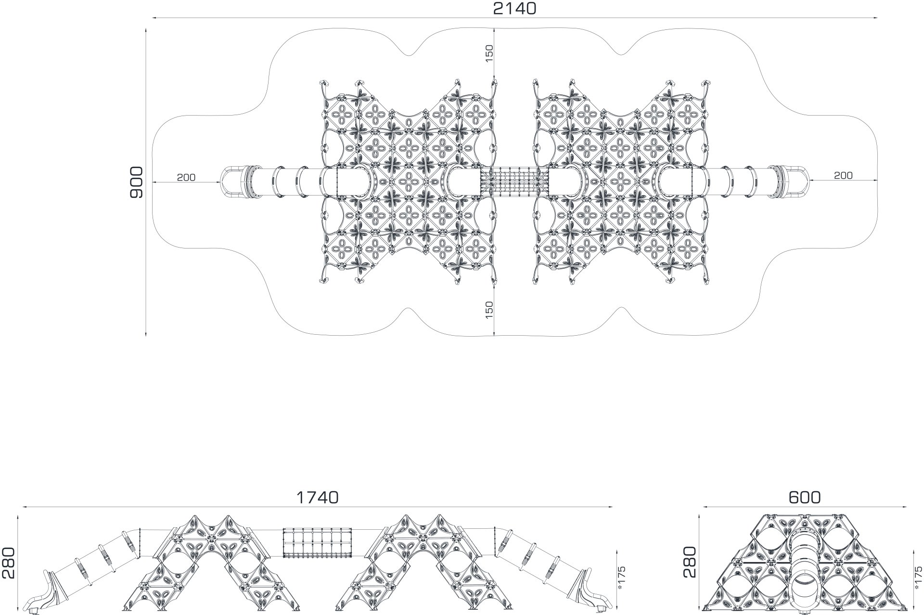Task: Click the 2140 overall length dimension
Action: [x=514, y=8]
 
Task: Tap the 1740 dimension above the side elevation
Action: [x=317, y=497]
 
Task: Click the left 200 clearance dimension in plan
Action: [x=186, y=177]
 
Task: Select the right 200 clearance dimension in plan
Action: [x=843, y=176]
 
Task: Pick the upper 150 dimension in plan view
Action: [x=489, y=53]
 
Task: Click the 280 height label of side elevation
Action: [x=10, y=563]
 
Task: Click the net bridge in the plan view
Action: [x=514, y=182]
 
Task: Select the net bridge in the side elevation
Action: [x=317, y=544]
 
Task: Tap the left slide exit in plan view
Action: [x=234, y=182]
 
